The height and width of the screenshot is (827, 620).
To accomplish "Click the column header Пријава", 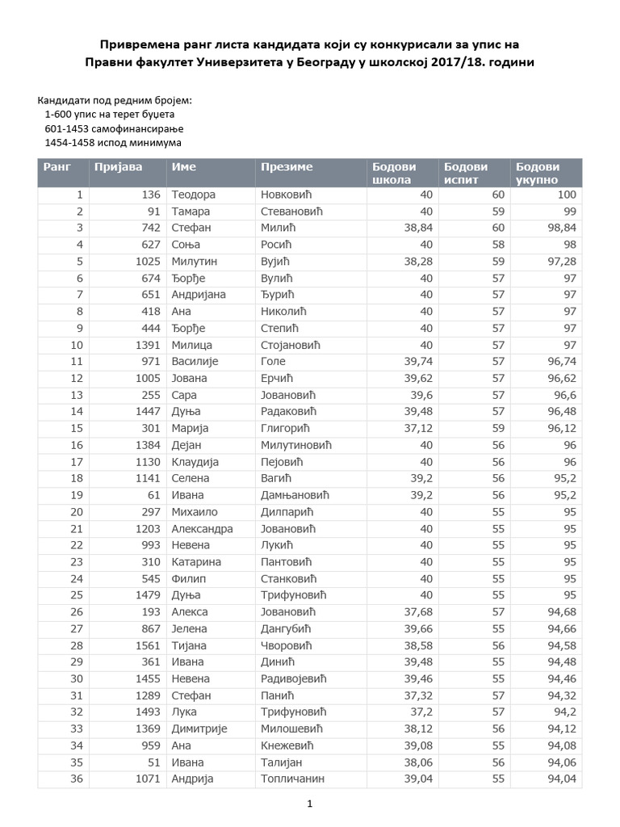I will pos(118,167).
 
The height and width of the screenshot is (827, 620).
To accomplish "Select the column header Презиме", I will pos(286,167).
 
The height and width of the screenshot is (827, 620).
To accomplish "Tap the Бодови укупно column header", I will pos(537,173).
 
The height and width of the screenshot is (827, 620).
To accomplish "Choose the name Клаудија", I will pos(196,462).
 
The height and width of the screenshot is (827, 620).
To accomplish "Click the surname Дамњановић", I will pos(295,495).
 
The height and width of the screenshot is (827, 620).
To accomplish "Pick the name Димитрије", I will pos(199,728).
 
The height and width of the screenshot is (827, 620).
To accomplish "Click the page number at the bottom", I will pos(310,804).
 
